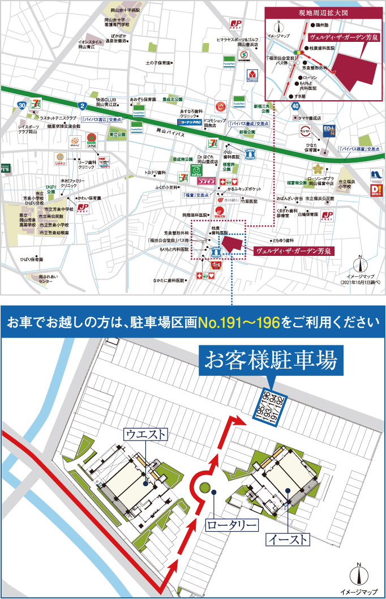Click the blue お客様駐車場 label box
coord(273,360)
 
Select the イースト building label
coord(288,538)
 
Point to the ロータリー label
coord(231,525)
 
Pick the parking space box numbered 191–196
coord(269,406)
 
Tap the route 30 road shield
coord(21,105)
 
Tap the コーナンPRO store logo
coord(191,121)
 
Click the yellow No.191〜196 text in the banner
coord(238,323)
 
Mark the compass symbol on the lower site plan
coord(359,575)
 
